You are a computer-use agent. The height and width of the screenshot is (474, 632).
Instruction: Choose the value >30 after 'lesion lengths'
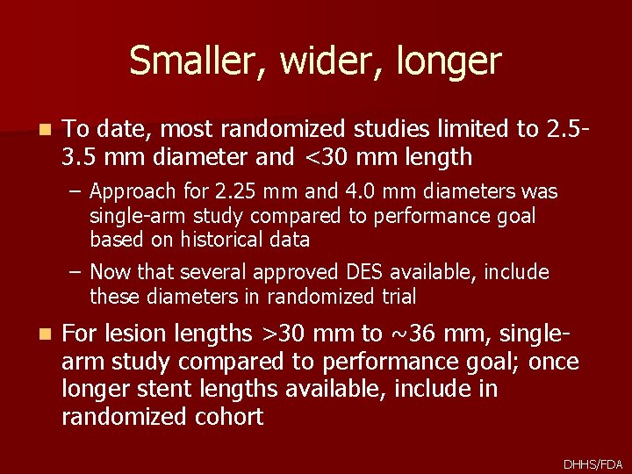283,334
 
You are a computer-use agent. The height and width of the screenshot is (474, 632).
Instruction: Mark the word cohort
224,417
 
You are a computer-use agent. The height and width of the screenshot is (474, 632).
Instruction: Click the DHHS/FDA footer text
592,463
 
